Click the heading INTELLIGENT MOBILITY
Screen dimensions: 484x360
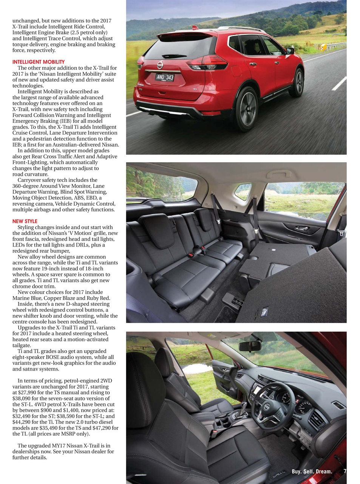tap(39, 62)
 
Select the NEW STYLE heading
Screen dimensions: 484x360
tap(25, 221)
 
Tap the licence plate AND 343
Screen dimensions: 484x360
tap(165, 78)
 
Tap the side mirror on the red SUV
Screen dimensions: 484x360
tap(290, 51)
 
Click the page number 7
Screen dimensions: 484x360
tap(345, 471)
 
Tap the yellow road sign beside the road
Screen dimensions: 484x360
tap(323, 47)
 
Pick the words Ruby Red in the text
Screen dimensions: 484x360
tap(99, 298)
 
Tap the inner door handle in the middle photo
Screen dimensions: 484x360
tap(301, 228)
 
